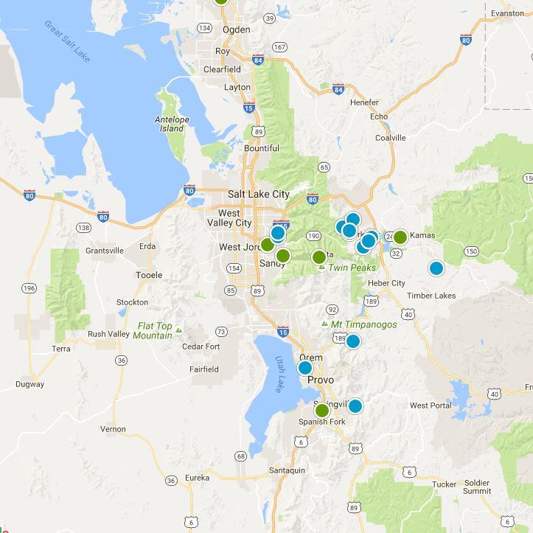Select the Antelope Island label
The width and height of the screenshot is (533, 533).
[172, 124]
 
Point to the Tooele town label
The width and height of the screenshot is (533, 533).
[150, 275]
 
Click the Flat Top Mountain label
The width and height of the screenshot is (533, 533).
[154, 331]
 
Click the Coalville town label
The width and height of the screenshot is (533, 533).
[390, 138]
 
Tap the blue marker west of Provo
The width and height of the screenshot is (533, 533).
[304, 368]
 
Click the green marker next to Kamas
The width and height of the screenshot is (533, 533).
[400, 237]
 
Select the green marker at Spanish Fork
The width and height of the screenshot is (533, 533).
[321, 410]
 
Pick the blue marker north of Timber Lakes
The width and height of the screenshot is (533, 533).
[436, 268]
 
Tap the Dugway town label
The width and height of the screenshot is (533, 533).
[30, 384]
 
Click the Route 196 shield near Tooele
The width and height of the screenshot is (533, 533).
[29, 288]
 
